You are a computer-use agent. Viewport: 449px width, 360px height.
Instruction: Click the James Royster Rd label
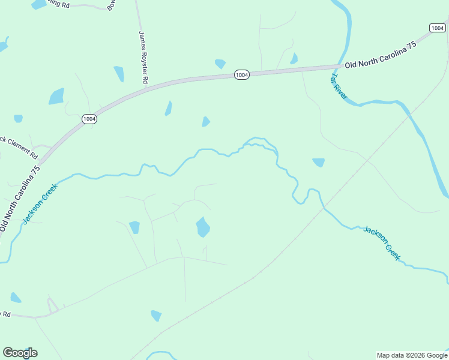[x=143, y=57]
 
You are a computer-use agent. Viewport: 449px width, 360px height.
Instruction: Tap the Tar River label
[x=339, y=87]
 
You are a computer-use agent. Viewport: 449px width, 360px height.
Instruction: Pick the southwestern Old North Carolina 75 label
[x=20, y=199]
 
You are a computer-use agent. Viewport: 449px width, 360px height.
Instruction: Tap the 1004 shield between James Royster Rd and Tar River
[x=241, y=75]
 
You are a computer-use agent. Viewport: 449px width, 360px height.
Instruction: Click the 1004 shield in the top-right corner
[x=438, y=28]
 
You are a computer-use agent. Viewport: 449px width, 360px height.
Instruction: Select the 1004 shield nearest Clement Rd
[x=89, y=119]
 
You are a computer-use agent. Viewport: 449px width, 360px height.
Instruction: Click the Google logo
[x=20, y=353]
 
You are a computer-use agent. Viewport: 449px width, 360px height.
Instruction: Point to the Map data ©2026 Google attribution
[x=412, y=355]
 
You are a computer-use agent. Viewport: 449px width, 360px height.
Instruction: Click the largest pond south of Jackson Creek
[x=203, y=227]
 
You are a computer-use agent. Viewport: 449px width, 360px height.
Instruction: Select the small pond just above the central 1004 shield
[x=220, y=63]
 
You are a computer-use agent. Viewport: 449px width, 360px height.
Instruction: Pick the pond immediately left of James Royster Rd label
[x=119, y=74]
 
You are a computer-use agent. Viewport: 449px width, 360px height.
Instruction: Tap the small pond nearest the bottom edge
[x=156, y=315]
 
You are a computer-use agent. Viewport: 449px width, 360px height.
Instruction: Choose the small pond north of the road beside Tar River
[x=294, y=59]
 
